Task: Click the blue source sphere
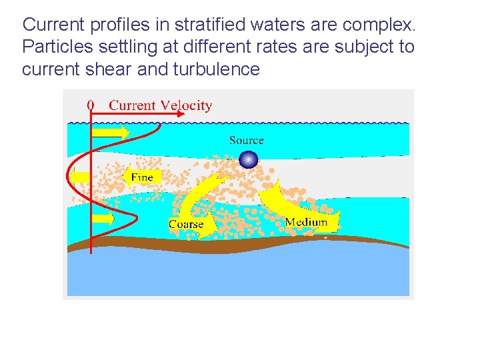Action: click(x=248, y=159)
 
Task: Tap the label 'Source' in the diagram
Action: click(x=246, y=140)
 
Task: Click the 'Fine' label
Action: click(x=142, y=177)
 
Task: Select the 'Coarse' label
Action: click(x=186, y=224)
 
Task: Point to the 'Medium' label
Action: click(x=306, y=221)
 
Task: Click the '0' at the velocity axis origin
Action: click(x=91, y=105)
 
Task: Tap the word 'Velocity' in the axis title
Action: click(x=186, y=105)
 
